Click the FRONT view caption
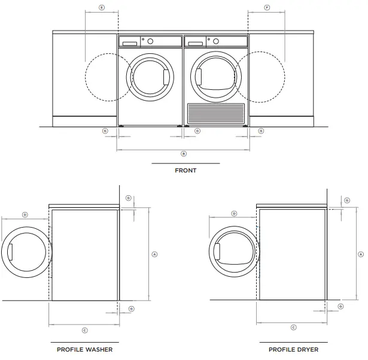[x=185, y=171]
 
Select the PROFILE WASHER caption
[x=84, y=349]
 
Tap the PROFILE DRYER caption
[x=293, y=349]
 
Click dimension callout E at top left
[x=101, y=8]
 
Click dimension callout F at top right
[x=266, y=8]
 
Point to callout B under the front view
[x=184, y=153]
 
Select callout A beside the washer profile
[x=155, y=254]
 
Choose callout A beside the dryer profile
[x=360, y=254]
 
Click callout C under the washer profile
[x=84, y=330]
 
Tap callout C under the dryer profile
[x=293, y=327]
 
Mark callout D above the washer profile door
[x=25, y=214]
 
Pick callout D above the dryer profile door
[x=234, y=213]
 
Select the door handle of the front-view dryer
[x=199, y=78]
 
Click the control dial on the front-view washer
[x=150, y=41]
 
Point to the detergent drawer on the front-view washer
[x=129, y=42]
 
